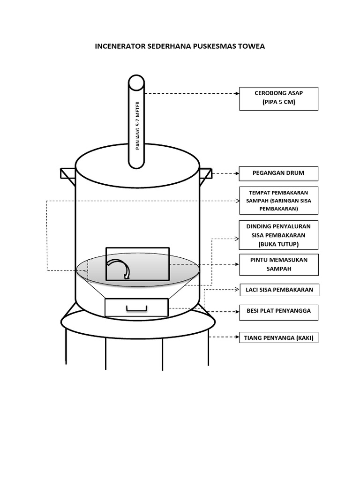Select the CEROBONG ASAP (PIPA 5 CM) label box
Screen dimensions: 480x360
click(x=278, y=98)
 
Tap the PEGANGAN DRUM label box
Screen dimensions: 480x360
click(x=278, y=173)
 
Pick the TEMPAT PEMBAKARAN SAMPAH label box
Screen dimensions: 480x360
click(x=278, y=201)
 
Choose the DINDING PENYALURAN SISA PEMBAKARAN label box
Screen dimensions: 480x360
click(x=278, y=235)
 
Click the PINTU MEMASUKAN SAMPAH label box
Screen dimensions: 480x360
click(x=278, y=264)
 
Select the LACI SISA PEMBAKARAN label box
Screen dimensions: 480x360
click(x=278, y=290)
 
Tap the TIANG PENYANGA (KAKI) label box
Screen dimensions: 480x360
click(x=278, y=337)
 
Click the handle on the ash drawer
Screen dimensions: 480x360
click(x=136, y=307)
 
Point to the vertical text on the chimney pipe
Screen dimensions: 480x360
click(x=138, y=125)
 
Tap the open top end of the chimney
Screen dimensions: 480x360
click(x=136, y=83)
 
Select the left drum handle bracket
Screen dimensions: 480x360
click(x=67, y=174)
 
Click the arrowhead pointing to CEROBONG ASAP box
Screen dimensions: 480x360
click(x=237, y=94)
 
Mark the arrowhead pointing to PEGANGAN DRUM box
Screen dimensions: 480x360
click(x=237, y=173)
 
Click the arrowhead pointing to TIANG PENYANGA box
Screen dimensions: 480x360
click(x=237, y=337)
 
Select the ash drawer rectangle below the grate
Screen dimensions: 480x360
click(x=136, y=307)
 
